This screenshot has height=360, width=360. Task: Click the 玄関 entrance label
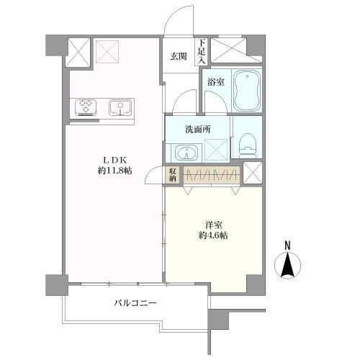(179, 56)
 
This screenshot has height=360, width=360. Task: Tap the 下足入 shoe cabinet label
(202, 52)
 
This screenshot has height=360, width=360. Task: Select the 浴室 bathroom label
(216, 82)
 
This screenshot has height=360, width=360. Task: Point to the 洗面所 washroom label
(198, 130)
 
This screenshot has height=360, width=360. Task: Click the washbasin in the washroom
(186, 153)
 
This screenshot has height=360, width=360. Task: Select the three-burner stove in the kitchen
(86, 108)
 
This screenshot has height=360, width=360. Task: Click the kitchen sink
(120, 107)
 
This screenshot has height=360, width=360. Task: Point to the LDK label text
(114, 159)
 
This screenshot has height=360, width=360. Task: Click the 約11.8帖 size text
(114, 171)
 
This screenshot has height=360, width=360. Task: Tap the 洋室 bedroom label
(213, 225)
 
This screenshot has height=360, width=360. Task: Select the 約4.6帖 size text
(213, 235)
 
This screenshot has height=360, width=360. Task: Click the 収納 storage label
(173, 175)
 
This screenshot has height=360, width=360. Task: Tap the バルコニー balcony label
(135, 303)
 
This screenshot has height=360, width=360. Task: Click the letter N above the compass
(287, 246)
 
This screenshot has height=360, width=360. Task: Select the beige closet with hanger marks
(212, 175)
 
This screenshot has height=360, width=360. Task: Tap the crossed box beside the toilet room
(253, 173)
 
